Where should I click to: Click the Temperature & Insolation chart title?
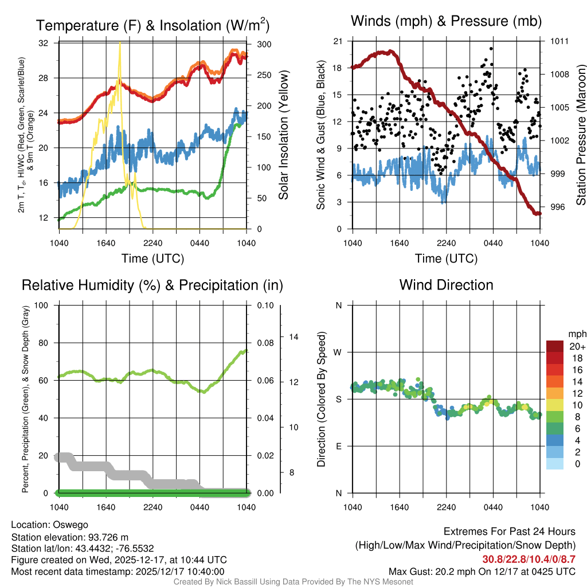152,25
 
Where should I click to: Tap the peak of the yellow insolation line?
120,43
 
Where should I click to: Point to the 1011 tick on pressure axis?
559,41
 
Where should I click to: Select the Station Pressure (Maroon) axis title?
580,134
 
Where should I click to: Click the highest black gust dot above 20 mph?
491,49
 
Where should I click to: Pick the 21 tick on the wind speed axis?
337,41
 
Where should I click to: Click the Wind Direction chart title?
446,285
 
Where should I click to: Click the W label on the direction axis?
338,353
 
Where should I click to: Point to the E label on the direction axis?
338,446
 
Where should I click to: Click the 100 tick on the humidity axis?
46,306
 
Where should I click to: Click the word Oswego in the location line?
71,524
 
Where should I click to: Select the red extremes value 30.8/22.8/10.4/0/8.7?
529,559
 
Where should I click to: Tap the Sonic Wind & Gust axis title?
321,134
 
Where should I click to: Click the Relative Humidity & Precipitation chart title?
152,285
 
